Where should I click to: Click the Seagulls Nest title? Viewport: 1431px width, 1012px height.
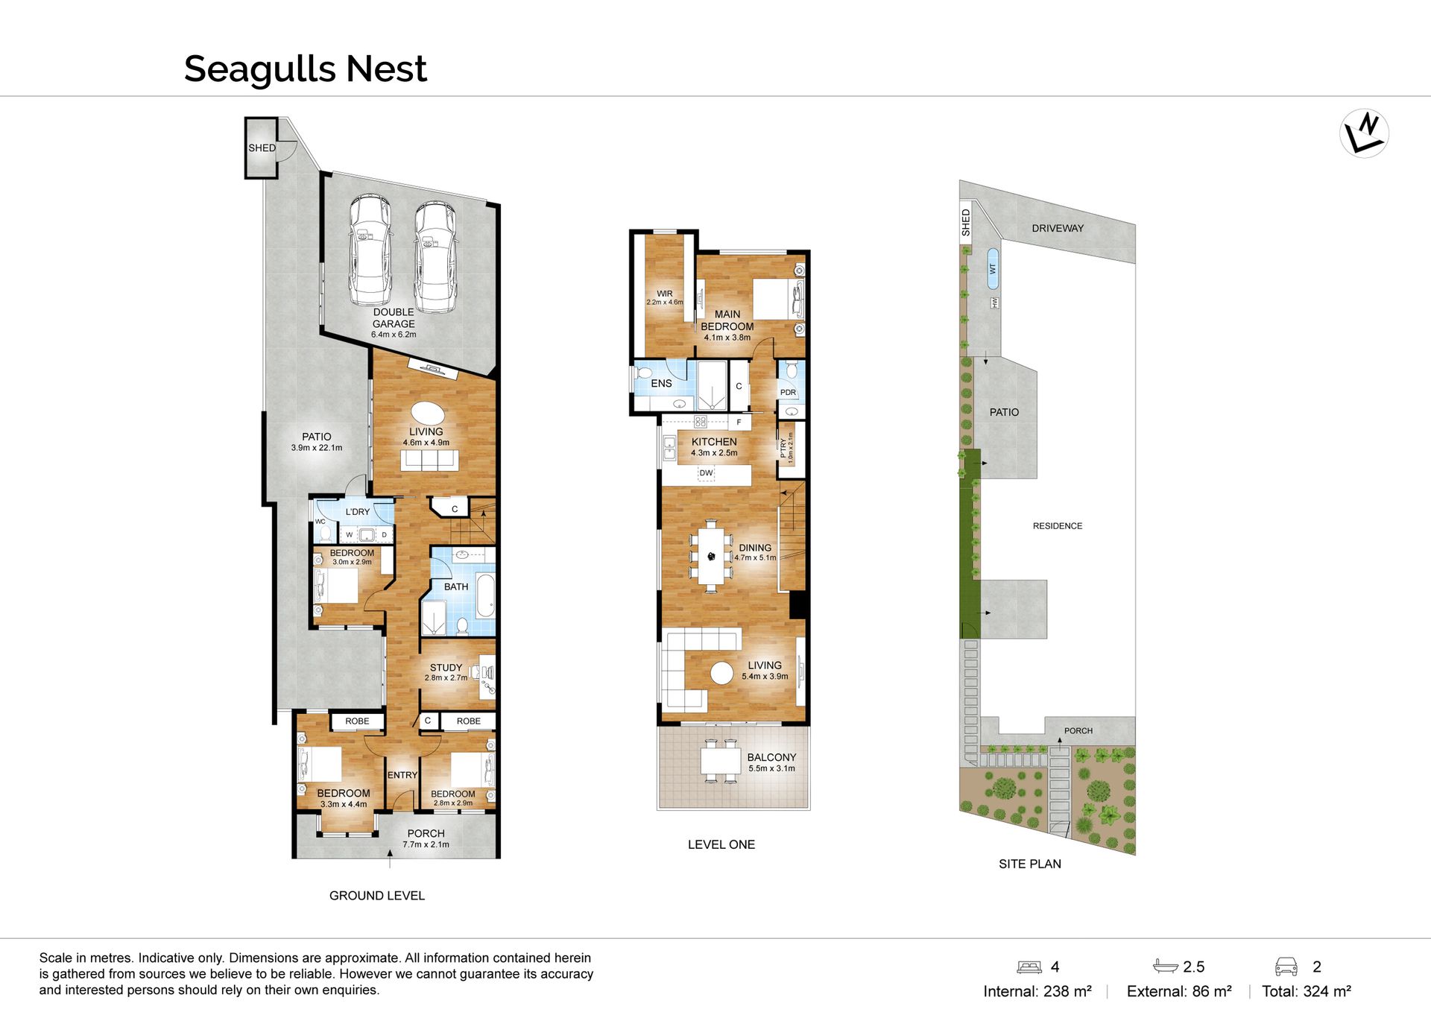click(305, 69)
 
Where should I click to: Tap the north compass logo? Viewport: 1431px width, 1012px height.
click(1364, 133)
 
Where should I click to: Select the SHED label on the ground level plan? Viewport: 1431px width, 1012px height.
click(262, 148)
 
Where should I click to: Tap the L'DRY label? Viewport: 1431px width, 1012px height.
click(358, 512)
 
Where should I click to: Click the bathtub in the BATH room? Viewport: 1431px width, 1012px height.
click(485, 595)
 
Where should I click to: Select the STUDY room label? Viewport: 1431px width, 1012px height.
click(446, 668)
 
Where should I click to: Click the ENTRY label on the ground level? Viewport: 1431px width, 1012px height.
click(402, 775)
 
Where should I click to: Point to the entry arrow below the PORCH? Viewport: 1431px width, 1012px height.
click(390, 858)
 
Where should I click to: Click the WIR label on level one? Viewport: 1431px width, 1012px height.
click(665, 294)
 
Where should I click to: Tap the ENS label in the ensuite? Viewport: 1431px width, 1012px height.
click(661, 383)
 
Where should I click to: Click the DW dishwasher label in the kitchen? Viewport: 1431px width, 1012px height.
click(706, 472)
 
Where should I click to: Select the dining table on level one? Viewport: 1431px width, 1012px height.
click(711, 556)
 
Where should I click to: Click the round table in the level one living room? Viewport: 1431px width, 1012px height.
click(721, 673)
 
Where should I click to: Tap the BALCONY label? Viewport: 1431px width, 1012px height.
click(771, 757)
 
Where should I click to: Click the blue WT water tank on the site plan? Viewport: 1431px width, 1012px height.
click(992, 268)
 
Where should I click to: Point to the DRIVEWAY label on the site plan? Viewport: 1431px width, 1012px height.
click(1058, 228)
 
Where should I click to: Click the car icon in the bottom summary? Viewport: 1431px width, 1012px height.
click(1286, 967)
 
